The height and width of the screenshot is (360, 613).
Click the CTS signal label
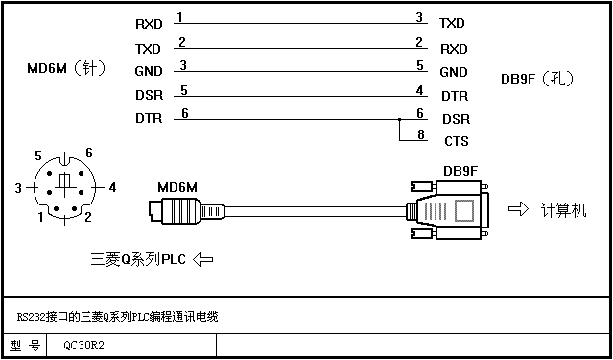pyautogui.click(x=457, y=141)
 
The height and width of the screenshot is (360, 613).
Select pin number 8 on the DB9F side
pyautogui.click(x=420, y=134)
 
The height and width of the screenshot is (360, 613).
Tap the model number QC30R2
pyautogui.click(x=84, y=346)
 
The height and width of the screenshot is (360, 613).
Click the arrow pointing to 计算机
pyautogui.click(x=518, y=209)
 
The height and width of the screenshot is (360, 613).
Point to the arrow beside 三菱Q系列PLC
pyautogui.click(x=203, y=259)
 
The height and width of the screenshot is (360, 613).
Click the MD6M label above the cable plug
pyautogui.click(x=177, y=188)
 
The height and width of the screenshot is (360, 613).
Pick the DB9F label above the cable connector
pyautogui.click(x=460, y=171)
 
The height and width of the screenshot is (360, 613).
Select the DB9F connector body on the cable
pyautogui.click(x=447, y=209)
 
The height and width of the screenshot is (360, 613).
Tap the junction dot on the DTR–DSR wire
pyautogui.click(x=399, y=119)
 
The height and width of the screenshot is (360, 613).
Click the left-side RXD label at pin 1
pyautogui.click(x=149, y=24)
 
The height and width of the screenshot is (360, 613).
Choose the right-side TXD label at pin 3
pyautogui.click(x=452, y=23)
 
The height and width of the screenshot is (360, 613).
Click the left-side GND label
pyautogui.click(x=148, y=72)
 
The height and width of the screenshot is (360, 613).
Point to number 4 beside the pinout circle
pyautogui.click(x=112, y=188)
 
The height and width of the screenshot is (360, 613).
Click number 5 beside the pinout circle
pyautogui.click(x=38, y=156)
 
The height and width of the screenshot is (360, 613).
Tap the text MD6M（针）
pyautogui.click(x=66, y=69)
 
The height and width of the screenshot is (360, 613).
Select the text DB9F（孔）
pyautogui.click(x=538, y=79)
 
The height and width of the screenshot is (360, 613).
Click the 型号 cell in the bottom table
pyautogui.click(x=25, y=346)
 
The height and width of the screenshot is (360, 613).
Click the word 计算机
pyautogui.click(x=563, y=210)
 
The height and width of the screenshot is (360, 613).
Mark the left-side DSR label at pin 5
pyautogui.click(x=149, y=95)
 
